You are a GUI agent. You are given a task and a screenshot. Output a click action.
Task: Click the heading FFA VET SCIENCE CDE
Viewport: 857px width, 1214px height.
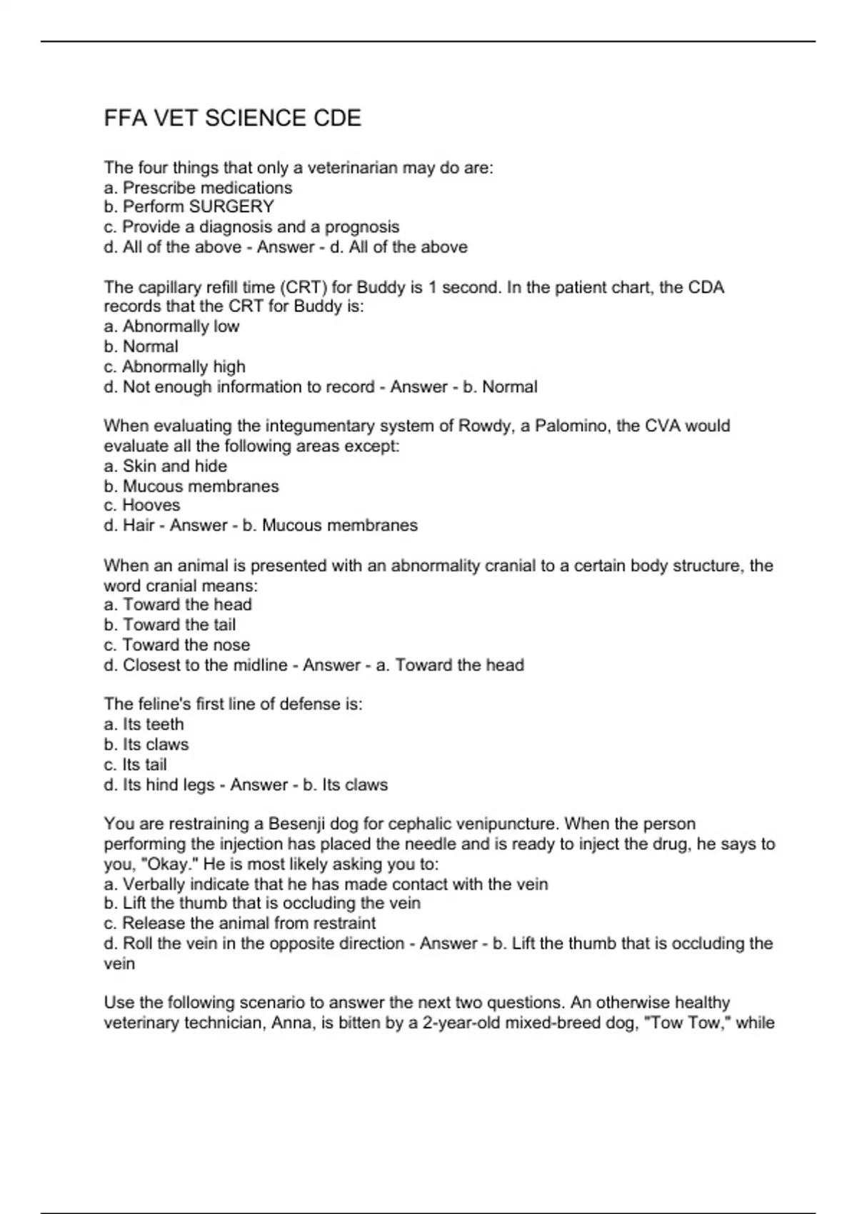(233, 118)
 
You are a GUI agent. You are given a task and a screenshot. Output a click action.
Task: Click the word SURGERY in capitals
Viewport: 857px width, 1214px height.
(231, 207)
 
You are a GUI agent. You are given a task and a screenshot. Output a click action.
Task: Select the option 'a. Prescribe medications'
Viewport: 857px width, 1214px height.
(198, 188)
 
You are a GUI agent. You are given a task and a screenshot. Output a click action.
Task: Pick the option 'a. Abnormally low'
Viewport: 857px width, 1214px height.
(171, 326)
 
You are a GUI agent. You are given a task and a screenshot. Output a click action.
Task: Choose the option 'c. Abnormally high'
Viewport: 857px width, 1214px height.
(174, 367)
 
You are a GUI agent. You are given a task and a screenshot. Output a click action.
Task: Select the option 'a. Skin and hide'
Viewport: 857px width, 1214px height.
(166, 466)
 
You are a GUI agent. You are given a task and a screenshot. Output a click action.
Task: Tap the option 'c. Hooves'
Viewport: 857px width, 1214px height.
(141, 506)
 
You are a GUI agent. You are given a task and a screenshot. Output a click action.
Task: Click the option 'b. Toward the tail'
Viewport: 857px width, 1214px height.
(169, 625)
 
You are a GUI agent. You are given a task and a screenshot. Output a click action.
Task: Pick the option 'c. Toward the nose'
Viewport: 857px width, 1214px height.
(176, 645)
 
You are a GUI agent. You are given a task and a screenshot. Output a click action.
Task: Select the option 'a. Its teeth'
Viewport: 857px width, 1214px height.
(144, 724)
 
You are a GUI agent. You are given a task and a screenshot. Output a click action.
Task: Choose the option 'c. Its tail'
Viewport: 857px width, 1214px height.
(135, 765)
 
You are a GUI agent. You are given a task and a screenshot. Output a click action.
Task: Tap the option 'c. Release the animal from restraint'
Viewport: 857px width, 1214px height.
(239, 923)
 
